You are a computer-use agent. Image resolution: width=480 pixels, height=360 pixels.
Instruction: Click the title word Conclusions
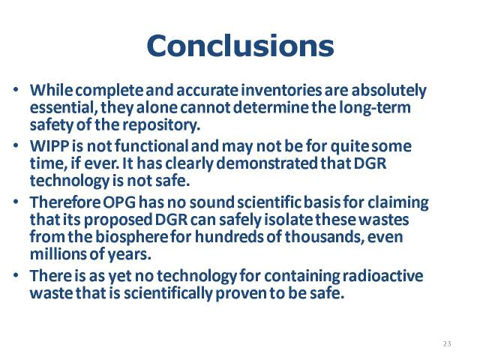pos(240,46)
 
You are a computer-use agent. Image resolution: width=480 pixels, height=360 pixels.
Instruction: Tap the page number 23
pos(447,343)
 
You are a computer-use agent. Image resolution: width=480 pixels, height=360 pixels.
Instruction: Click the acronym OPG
pos(119,202)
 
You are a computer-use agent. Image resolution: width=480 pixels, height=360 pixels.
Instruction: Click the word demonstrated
pos(267,163)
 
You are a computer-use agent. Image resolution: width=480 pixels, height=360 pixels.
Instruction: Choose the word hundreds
pos(229,237)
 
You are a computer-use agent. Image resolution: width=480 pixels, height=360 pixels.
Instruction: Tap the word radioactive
pos(382,276)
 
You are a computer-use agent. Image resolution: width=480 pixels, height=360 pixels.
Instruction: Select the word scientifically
pos(168,293)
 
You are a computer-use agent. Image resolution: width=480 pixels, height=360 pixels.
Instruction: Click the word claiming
pos(398,203)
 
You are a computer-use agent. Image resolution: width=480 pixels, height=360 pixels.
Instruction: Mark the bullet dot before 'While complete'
pos(16,90)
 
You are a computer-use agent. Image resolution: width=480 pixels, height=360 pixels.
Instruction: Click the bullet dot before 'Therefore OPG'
pos(16,202)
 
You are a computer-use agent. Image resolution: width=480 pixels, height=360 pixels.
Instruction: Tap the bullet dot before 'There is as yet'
pos(16,276)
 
